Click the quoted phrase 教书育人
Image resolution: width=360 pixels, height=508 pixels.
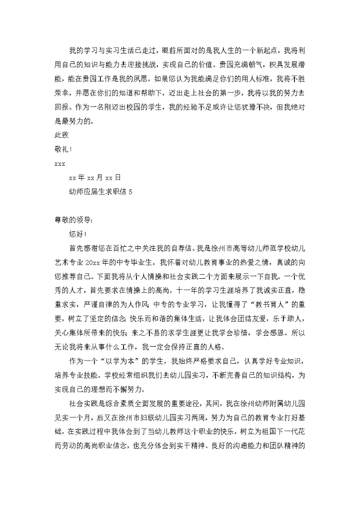(260, 304)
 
